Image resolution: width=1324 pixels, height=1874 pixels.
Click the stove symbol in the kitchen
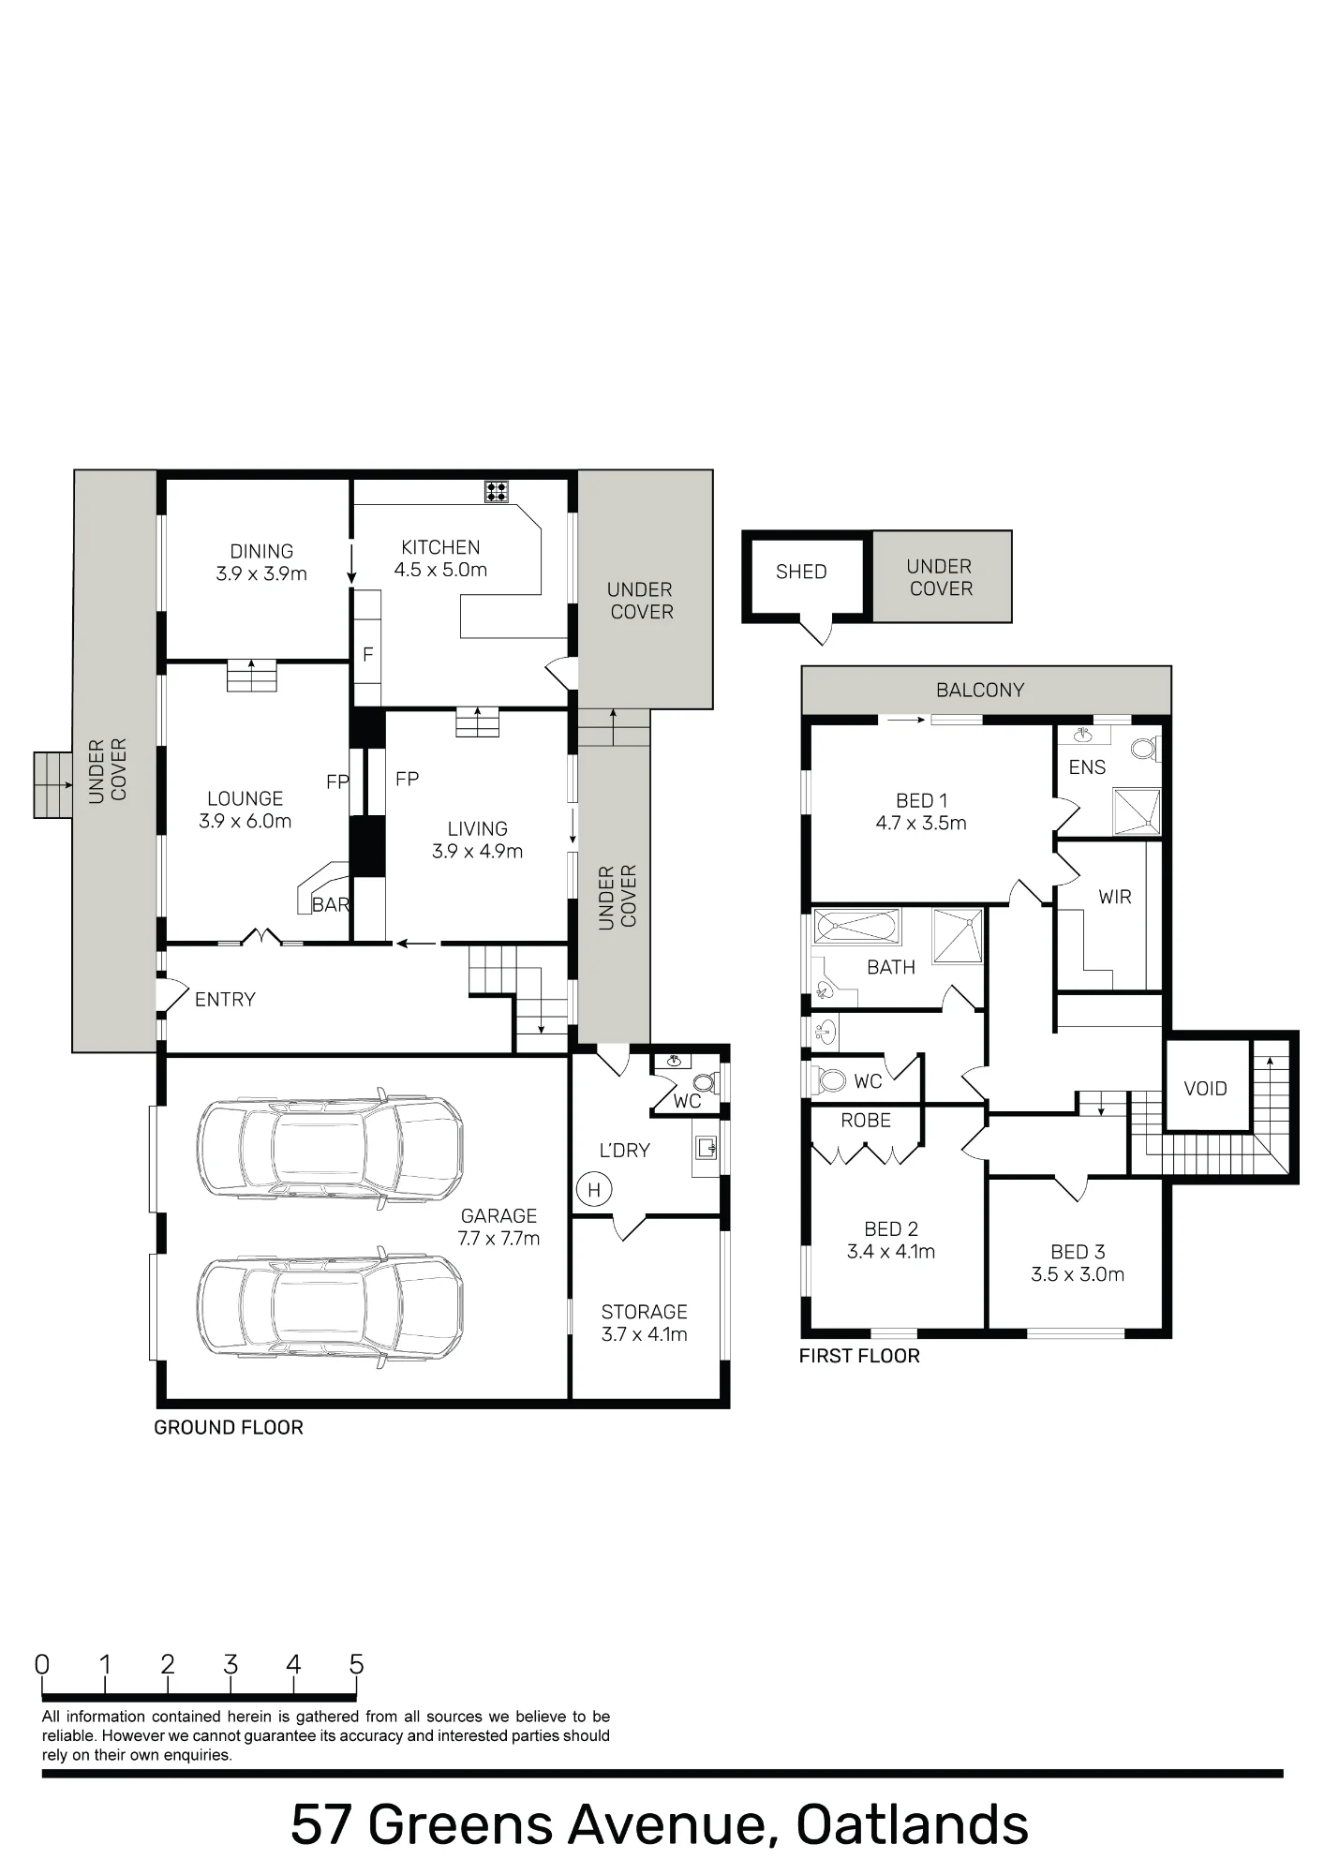pos(497,491)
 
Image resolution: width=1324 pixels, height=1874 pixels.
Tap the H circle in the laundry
pos(593,1190)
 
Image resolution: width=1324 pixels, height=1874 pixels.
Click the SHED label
pos(801,572)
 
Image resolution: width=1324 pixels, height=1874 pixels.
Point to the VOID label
pos(1205,1089)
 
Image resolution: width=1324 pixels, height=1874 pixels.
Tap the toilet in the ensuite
pos(1144,748)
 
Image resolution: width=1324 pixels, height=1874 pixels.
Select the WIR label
pos(1115,897)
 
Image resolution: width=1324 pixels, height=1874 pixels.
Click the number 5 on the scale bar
pos(356,1664)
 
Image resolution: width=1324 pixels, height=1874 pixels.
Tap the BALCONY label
pos(980,691)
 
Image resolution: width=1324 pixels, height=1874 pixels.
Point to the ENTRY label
pos(225,1000)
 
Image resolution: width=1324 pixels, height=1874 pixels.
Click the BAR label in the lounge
pos(331,905)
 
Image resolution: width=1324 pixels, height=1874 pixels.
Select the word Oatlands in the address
pos(913,1824)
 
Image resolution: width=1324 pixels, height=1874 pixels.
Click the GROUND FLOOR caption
pos(229,1427)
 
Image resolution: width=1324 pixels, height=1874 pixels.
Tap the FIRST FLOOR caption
pos(859,1356)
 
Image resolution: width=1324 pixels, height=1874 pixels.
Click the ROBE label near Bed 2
pos(866,1121)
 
